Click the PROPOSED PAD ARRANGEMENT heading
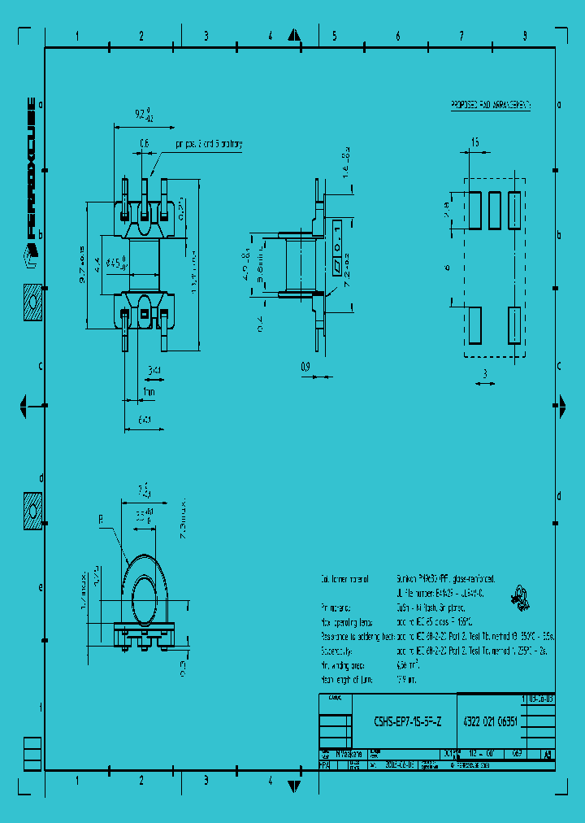491,106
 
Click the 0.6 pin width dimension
145,144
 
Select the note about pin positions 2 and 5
209,144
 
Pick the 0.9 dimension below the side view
305,367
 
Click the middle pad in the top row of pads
494,210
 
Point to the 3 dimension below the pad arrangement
484,373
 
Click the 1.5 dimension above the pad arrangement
474,143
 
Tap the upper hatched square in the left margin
32,302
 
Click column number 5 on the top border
334,36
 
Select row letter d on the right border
558,496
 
